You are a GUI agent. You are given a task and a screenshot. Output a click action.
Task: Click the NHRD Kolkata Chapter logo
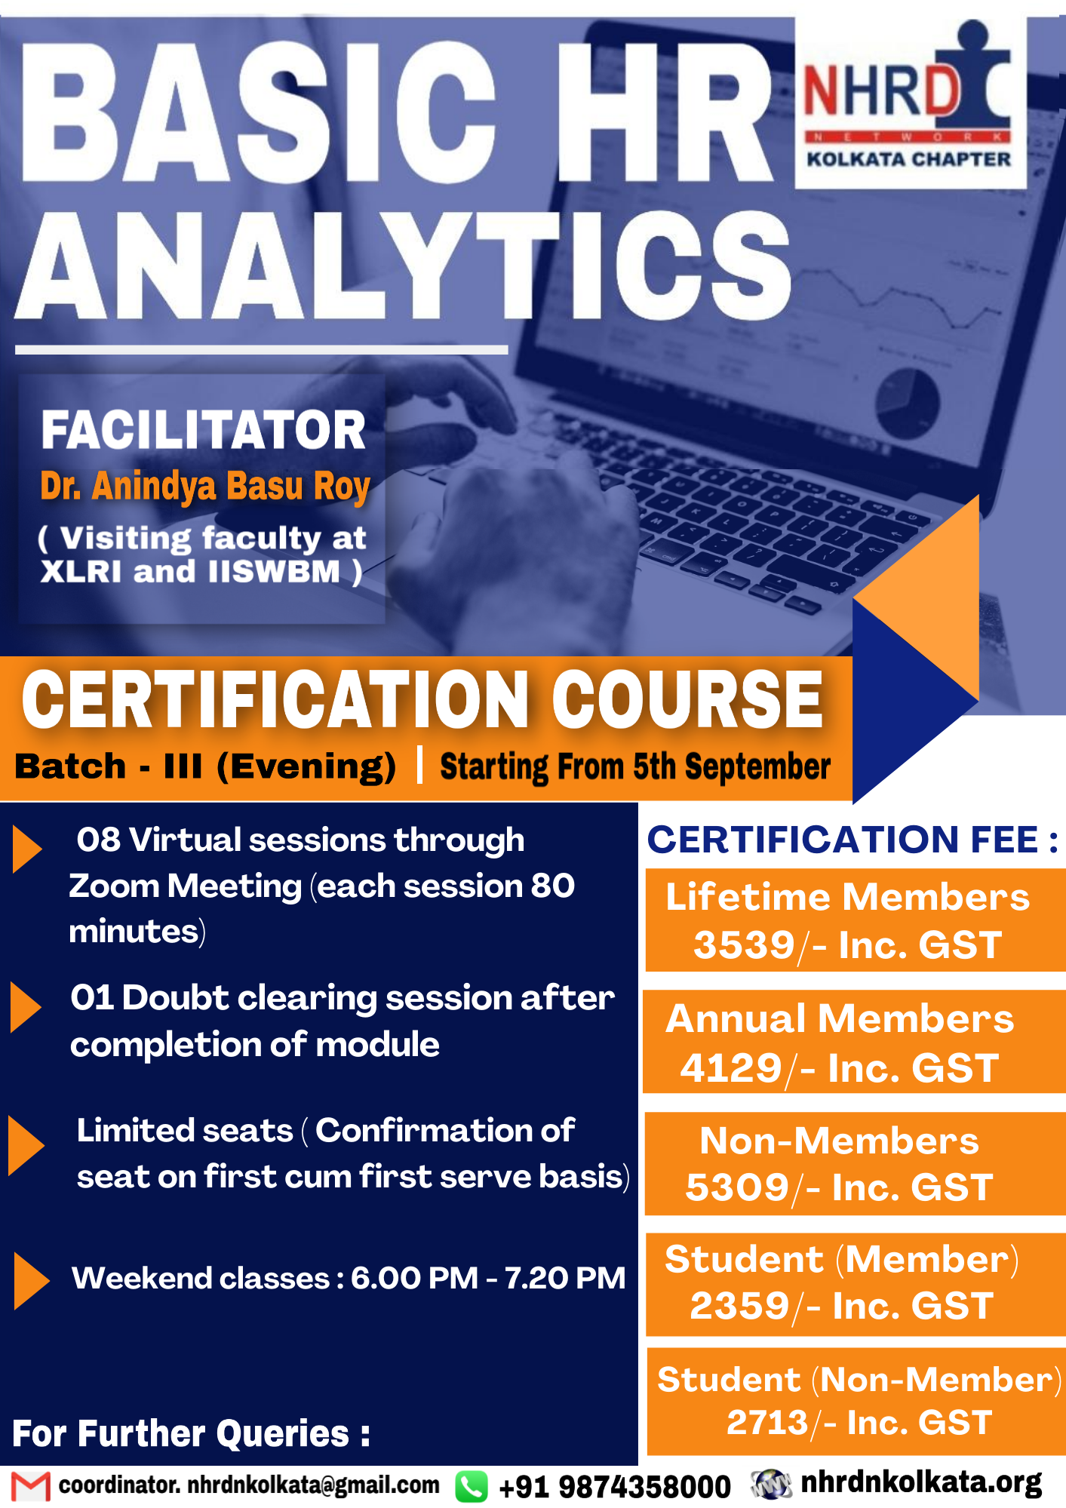pos(911,102)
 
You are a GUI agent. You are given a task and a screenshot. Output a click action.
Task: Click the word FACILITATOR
pos(203,430)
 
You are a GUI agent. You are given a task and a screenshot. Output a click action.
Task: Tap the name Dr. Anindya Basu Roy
pos(205,487)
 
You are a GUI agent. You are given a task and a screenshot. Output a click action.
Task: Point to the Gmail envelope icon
pos(31,1486)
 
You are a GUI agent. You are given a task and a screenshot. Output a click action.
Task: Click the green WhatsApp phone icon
pos(472,1487)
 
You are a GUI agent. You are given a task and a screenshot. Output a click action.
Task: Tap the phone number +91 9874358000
pos(615,1487)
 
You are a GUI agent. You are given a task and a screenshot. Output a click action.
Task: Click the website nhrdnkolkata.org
pos(921,1482)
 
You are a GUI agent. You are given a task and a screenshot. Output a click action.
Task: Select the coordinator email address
pos(249,1485)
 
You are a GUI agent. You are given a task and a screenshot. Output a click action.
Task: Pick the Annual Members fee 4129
pos(731,1068)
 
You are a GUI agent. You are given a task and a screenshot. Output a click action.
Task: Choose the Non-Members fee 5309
pos(737,1188)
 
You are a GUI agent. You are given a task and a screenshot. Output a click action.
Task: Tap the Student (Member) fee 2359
pos(740,1306)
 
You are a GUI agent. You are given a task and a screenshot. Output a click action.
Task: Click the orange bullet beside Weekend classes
pos(31,1280)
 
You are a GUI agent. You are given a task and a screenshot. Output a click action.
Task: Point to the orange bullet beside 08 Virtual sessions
pos(27,849)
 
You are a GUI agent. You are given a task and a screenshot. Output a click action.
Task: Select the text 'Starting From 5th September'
pos(635,767)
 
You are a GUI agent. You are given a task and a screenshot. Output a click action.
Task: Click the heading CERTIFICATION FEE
pos(852,840)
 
